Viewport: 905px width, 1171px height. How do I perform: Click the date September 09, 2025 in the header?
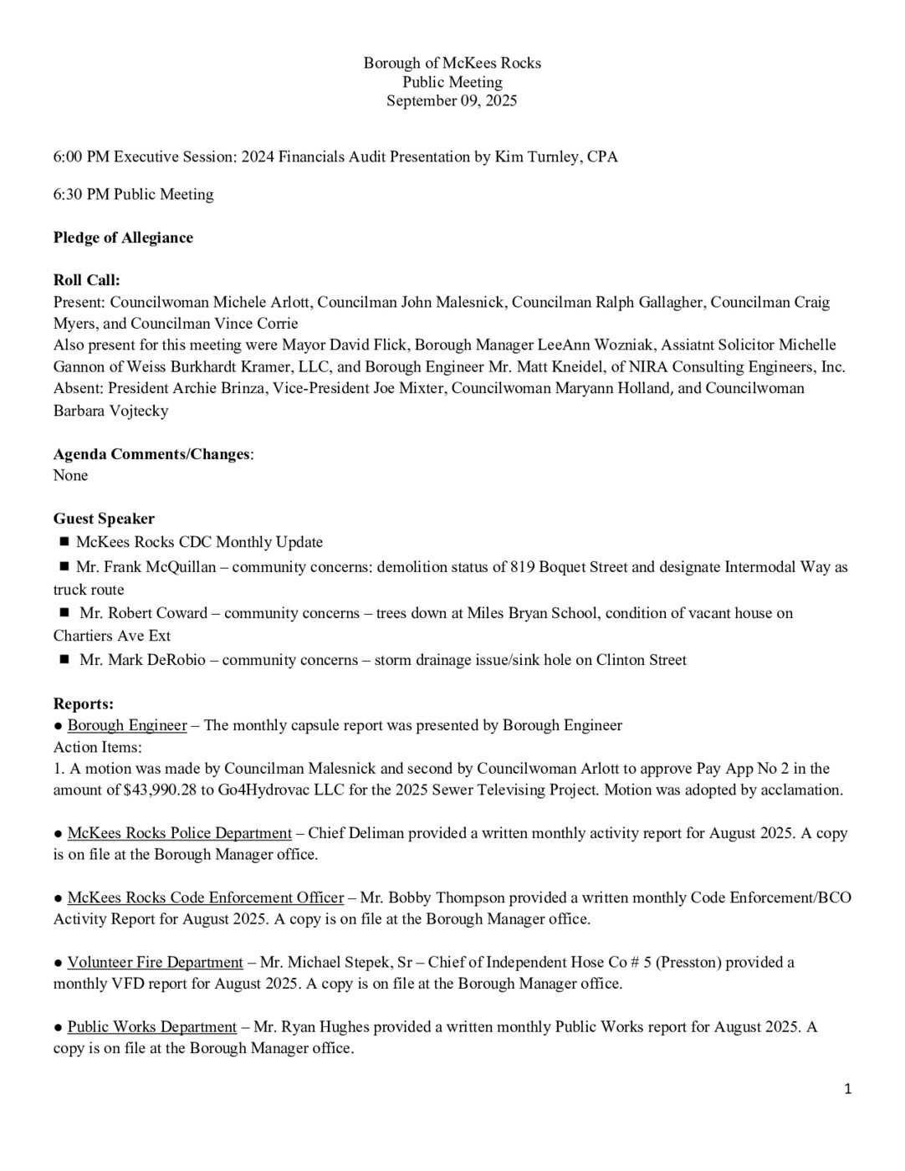[x=452, y=101]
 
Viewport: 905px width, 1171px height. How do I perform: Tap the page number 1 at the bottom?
[x=847, y=1088]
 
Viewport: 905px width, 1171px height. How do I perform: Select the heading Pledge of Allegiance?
[x=123, y=238]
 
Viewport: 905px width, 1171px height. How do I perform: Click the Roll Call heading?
[x=86, y=281]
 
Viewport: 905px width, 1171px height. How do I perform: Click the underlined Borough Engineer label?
[x=127, y=725]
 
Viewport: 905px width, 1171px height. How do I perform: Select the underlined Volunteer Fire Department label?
[x=155, y=962]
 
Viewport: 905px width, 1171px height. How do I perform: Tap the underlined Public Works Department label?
[x=151, y=1026]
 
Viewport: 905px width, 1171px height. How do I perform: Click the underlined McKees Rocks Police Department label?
[x=179, y=833]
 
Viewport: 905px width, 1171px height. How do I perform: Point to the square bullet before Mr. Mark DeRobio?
[x=64, y=660]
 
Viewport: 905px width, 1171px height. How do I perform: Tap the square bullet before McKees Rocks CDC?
[x=64, y=542]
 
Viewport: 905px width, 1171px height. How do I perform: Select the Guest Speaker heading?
[x=104, y=519]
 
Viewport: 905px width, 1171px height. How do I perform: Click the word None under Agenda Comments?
[x=70, y=475]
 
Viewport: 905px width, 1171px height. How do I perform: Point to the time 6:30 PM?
[x=81, y=194]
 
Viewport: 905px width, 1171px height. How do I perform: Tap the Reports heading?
[x=83, y=704]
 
